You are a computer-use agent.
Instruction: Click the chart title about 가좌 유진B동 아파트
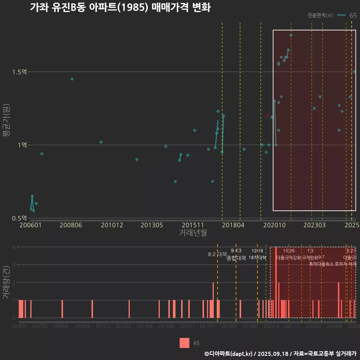[x=120, y=7]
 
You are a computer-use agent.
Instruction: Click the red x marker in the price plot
[x=267, y=115]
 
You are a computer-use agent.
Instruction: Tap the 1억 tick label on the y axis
[x=22, y=145]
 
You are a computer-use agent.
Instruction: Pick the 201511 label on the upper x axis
[x=193, y=225]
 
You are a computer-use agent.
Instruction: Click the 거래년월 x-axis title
[x=193, y=233]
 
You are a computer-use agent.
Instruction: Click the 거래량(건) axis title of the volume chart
[x=6, y=282]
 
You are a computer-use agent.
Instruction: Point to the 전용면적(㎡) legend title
[x=320, y=15]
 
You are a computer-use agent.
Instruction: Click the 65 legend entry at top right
[x=352, y=15]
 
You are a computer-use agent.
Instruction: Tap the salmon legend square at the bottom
[x=184, y=343]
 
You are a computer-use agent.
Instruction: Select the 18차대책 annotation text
[x=257, y=258]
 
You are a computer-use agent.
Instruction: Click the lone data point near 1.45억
[x=72, y=79]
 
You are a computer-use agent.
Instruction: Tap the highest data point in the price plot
[x=291, y=35]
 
